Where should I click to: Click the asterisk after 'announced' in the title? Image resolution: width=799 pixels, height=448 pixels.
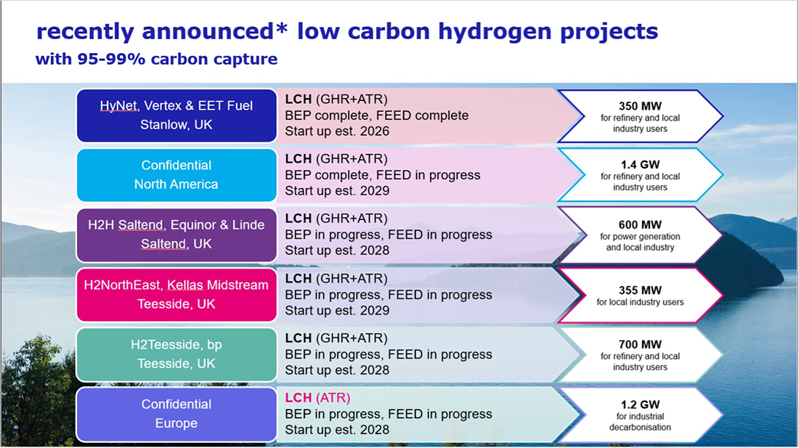point(282,26)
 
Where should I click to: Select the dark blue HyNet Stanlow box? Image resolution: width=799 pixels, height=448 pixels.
point(177,115)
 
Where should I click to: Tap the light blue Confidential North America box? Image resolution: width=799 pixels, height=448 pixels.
point(177,175)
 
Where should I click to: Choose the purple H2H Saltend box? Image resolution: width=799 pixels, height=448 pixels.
point(177,235)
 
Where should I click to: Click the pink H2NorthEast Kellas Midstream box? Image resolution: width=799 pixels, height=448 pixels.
point(177,295)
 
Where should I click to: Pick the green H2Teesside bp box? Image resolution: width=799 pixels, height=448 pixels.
point(177,354)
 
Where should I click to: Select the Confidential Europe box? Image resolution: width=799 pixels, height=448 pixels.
point(177,414)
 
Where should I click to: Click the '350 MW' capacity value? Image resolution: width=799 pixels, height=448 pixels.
point(640,107)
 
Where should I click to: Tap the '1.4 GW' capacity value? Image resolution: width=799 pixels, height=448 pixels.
point(640,165)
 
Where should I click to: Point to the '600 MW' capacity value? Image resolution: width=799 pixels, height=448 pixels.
point(640,225)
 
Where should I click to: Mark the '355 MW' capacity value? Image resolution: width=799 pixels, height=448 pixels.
point(640,290)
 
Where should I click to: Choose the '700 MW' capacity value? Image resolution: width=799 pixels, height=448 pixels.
point(640,345)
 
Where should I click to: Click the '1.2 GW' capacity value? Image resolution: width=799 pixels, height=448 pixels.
point(640,404)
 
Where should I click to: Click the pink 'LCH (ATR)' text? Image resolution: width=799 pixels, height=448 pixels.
point(317,398)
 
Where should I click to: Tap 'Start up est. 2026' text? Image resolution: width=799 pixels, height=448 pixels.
point(337,131)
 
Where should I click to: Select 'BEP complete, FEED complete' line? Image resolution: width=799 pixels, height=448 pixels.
point(376,115)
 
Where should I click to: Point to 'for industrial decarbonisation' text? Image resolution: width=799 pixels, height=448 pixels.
point(640,422)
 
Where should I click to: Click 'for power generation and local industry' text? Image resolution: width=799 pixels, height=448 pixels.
point(640,243)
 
